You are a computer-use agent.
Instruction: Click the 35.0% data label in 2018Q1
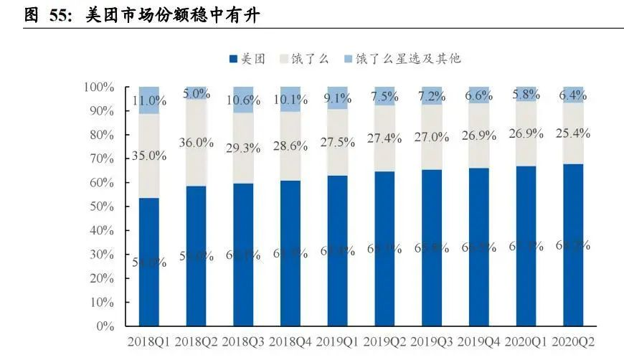(x=148, y=155)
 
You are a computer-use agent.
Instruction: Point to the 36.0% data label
(x=195, y=142)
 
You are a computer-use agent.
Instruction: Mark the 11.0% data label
(x=148, y=100)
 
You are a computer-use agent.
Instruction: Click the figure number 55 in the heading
(x=59, y=14)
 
